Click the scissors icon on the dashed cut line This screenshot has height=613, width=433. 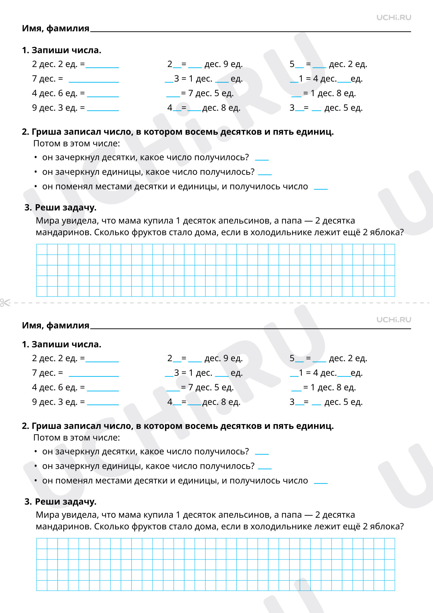[x=5, y=303]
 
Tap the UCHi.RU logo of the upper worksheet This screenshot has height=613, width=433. [x=393, y=18]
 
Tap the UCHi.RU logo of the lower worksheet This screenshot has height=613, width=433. [x=393, y=320]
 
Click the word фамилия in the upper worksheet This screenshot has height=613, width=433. [x=68, y=28]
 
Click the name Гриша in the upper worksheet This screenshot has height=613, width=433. [x=46, y=132]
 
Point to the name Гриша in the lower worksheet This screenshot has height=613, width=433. [x=46, y=426]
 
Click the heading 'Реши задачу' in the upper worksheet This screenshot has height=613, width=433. [x=65, y=208]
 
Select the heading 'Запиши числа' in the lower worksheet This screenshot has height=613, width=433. [x=66, y=344]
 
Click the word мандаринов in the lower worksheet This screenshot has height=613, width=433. [x=63, y=526]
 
